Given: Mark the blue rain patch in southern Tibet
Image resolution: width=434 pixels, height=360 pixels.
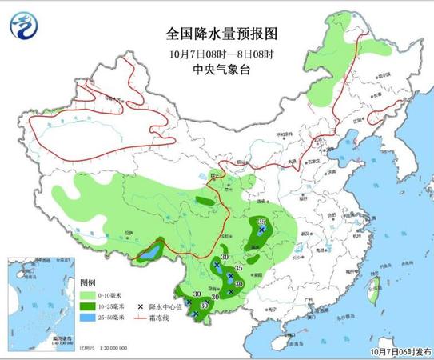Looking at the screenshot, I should point(147,256).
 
